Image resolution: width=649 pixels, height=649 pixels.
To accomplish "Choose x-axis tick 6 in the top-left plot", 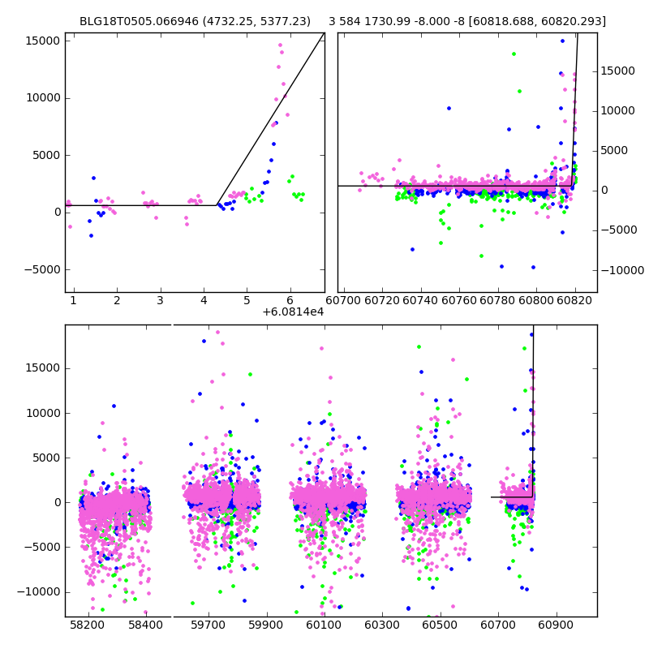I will tap(290, 300).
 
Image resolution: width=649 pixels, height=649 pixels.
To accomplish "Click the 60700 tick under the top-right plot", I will tap(344, 300).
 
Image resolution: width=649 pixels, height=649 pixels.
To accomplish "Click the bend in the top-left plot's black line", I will tap(217, 205).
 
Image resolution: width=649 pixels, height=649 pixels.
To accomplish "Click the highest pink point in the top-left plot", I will tap(281, 45).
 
